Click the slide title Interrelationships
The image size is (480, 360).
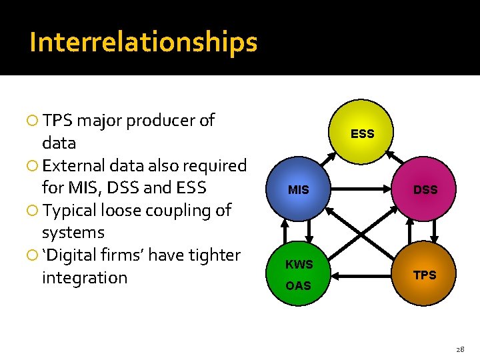[x=143, y=42]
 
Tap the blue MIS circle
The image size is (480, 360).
[x=298, y=190]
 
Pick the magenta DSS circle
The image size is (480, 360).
[x=425, y=190]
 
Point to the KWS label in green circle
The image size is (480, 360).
[x=299, y=265]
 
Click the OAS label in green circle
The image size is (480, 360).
[x=298, y=286]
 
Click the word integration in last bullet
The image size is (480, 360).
[x=84, y=277]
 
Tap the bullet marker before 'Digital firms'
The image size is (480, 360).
[x=31, y=255]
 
